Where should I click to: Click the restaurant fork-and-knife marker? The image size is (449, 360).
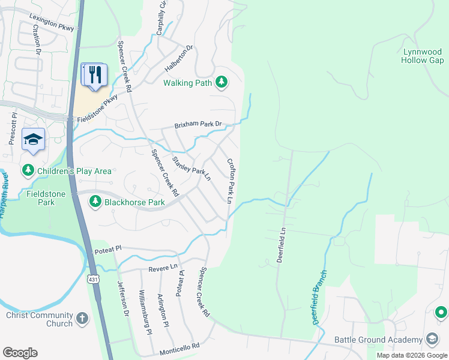pos(95,75)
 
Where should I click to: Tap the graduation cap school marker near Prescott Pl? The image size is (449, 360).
pos(34,140)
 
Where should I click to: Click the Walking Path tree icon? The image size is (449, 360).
pos(221,82)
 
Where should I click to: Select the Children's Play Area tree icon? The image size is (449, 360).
pos(28,171)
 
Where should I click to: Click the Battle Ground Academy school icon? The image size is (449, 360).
pos(432,340)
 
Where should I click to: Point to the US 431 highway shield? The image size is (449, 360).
pos(92,280)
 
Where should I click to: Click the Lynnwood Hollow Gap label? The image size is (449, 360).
pos(423,56)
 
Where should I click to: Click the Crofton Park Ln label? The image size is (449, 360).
pos(230,180)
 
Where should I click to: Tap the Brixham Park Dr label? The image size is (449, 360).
pos(198,125)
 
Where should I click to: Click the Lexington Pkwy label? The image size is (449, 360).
pos(51,23)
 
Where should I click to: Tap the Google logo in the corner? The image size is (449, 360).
pos(20,353)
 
